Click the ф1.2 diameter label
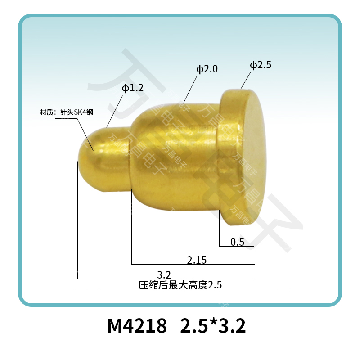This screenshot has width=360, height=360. coord(132,89)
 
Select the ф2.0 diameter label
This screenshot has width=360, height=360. coord(207,69)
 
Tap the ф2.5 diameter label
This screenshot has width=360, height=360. coord(261,66)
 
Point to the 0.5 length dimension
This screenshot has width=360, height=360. coord(237,242)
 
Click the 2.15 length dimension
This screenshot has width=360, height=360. coord(197,260)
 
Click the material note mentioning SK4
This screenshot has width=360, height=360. coord(67,112)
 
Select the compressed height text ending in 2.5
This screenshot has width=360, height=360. coord(180,285)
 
